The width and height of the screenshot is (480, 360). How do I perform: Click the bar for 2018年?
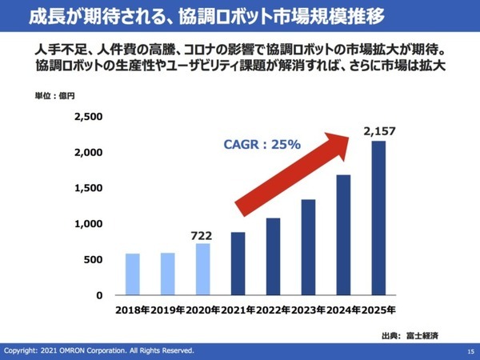click(133, 274)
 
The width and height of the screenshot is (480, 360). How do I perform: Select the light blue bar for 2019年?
click(168, 274)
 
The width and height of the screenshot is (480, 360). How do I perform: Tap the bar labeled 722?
click(203, 270)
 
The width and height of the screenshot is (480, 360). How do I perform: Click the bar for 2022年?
click(274, 257)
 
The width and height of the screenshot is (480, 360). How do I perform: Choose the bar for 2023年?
click(308, 247)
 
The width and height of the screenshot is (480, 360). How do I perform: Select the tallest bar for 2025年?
click(378, 218)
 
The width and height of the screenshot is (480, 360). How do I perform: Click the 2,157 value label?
click(379, 131)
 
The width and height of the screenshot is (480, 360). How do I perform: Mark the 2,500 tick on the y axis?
click(88, 117)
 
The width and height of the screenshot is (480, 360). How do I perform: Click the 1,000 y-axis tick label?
click(88, 224)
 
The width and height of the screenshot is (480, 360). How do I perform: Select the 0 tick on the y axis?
click(99, 295)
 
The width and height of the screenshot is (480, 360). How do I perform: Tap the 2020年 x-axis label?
click(203, 310)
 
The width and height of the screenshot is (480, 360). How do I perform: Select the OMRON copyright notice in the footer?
click(99, 351)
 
